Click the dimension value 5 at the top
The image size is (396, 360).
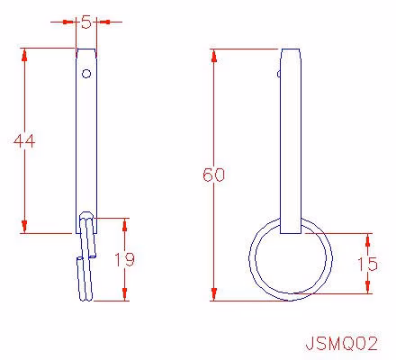86,22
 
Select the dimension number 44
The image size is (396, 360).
24,140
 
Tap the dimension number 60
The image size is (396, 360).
213,175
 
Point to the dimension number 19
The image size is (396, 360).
125,259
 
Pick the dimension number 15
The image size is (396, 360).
367,264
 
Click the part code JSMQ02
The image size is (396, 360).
341,344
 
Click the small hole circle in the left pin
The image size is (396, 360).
86,74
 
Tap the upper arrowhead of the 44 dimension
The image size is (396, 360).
24,55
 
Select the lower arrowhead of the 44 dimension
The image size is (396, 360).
24,227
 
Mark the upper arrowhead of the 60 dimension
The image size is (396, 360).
214,56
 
